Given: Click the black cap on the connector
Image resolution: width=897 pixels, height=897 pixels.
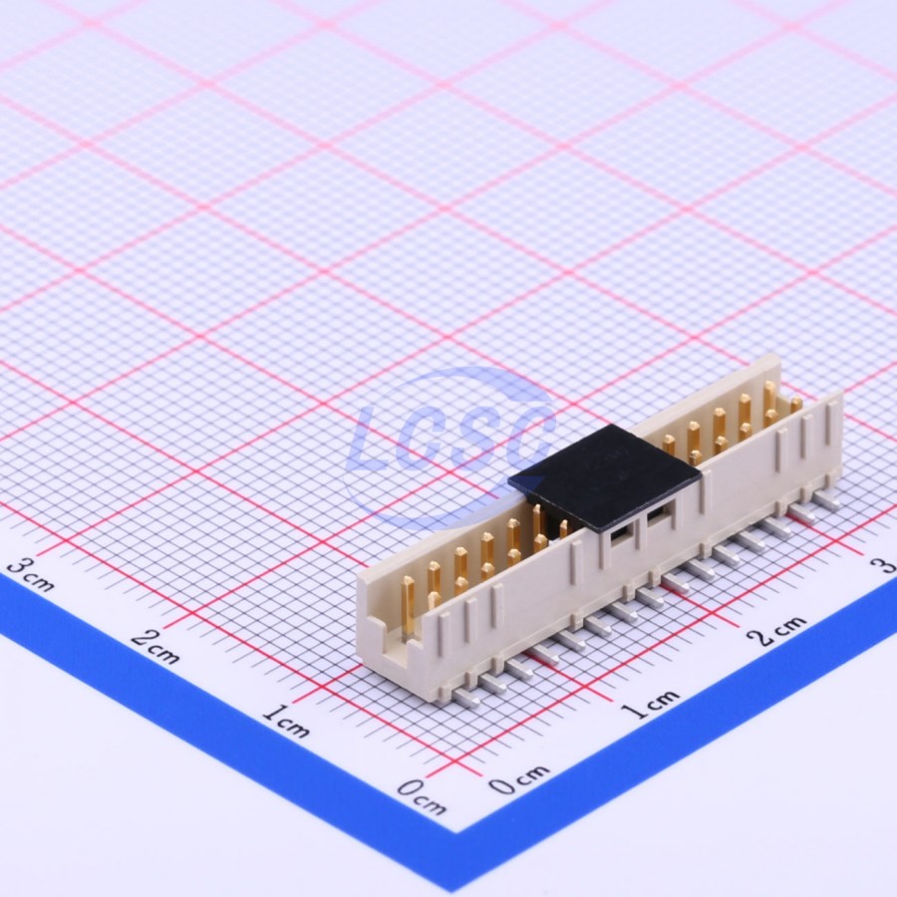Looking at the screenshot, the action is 605,478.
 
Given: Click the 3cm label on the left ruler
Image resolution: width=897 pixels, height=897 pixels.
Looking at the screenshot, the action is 32,575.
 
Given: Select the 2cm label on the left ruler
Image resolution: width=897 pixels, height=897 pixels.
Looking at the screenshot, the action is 155,647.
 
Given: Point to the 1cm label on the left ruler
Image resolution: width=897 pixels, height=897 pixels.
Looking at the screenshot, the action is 286,721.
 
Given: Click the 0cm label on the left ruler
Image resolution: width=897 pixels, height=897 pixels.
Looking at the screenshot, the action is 422,796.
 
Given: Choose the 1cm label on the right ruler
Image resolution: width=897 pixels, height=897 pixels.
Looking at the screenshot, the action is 651,705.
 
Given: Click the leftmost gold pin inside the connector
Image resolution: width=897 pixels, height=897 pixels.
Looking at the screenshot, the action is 408,605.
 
